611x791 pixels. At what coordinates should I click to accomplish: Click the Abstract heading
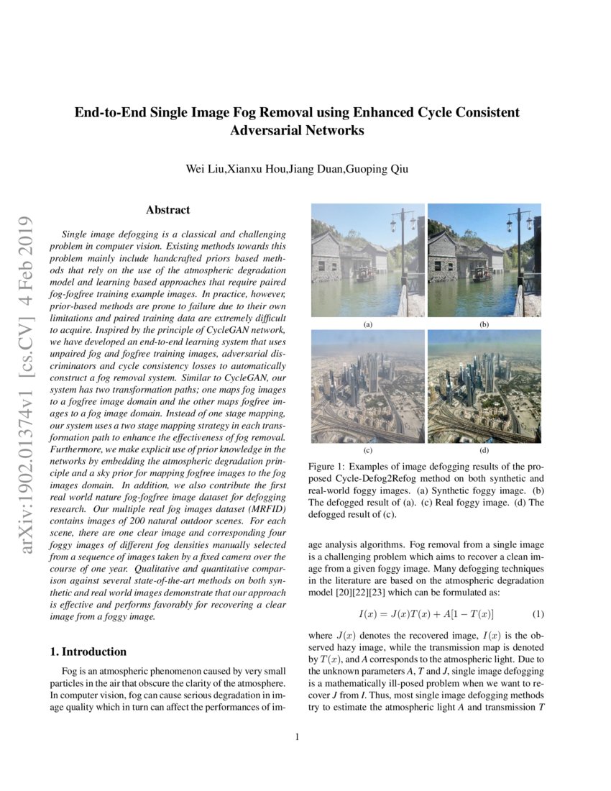[167, 210]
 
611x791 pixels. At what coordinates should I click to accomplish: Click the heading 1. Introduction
[88, 651]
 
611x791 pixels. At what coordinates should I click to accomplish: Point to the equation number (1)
[538, 614]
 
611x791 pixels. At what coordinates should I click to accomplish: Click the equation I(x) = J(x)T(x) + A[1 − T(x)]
[426, 614]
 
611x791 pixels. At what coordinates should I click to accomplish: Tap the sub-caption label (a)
[368, 325]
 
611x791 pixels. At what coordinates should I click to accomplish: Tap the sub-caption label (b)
[484, 325]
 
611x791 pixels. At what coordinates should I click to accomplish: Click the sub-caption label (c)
[368, 451]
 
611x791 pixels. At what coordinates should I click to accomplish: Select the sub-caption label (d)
[484, 451]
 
